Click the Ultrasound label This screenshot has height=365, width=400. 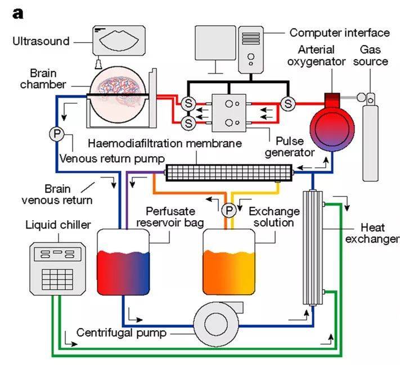[41, 41]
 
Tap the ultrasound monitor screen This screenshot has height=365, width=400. [119, 40]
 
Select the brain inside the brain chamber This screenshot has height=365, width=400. [119, 90]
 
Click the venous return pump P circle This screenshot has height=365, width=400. [57, 134]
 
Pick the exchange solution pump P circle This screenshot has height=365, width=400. [229, 211]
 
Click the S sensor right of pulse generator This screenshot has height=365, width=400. [288, 103]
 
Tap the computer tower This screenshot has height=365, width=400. [251, 49]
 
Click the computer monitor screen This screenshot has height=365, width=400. [215, 43]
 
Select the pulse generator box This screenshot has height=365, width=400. [229, 113]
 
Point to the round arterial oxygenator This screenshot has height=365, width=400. [332, 129]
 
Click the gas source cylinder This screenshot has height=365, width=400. [370, 138]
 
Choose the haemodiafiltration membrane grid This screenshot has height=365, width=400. [229, 173]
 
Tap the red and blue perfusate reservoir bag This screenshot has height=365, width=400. [123, 262]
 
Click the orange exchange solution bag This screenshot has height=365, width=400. [229, 262]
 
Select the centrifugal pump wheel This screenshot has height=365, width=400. [217, 324]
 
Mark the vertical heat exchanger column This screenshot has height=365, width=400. [313, 248]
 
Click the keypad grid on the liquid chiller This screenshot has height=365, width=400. [57, 279]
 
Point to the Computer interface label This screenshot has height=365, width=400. [339, 33]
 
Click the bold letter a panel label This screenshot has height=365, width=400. [17, 13]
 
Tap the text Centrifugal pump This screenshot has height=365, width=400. [121, 332]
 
